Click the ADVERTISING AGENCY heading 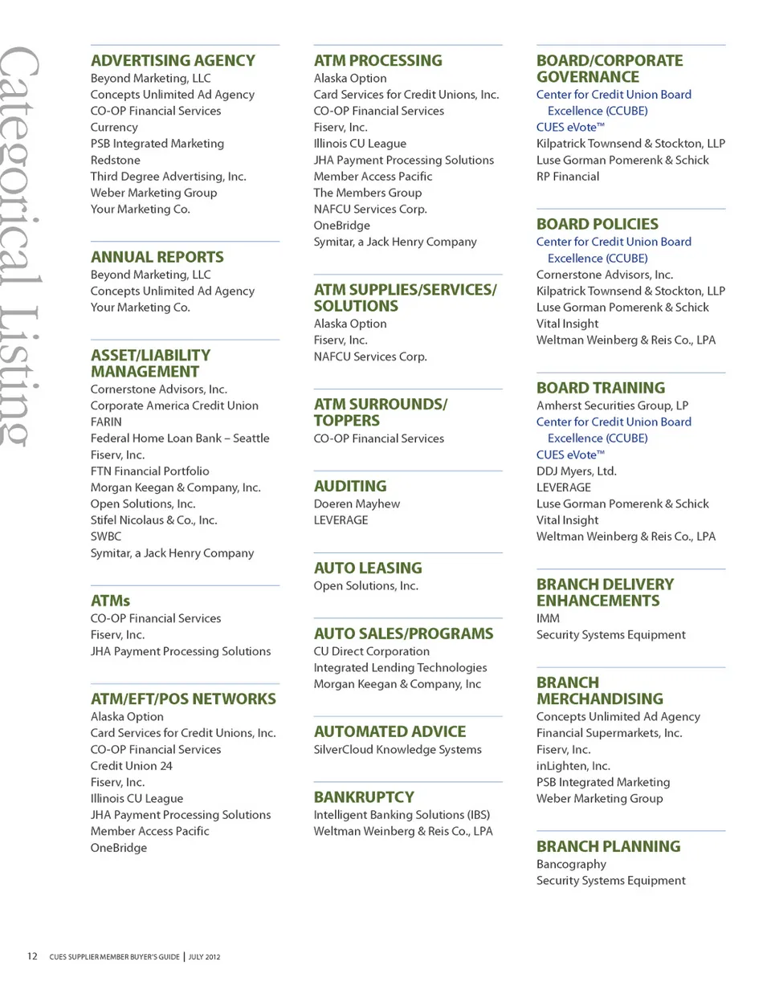173,60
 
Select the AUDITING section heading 349,486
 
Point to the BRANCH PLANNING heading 608,846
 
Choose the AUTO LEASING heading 367,568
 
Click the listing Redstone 113,160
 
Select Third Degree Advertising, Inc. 168,177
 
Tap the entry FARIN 106,422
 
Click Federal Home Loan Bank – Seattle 180,438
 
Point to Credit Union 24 131,766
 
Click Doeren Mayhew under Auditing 357,504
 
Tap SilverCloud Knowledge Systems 398,750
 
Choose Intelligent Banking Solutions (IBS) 402,815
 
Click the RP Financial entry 568,177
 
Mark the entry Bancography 571,865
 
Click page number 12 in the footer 32,956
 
